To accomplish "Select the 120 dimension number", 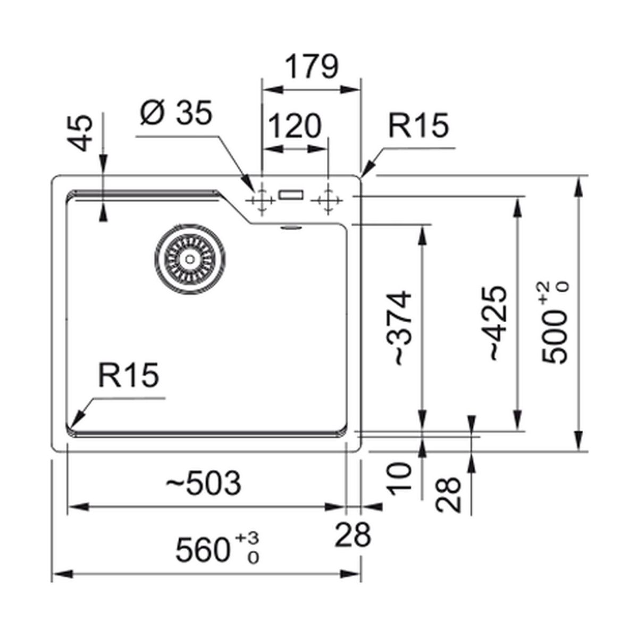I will point(296,127).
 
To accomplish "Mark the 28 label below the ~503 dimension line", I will point(352,535).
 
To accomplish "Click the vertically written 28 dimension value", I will point(448,494).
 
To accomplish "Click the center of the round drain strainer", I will point(189,259).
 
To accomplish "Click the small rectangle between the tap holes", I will point(291,195).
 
